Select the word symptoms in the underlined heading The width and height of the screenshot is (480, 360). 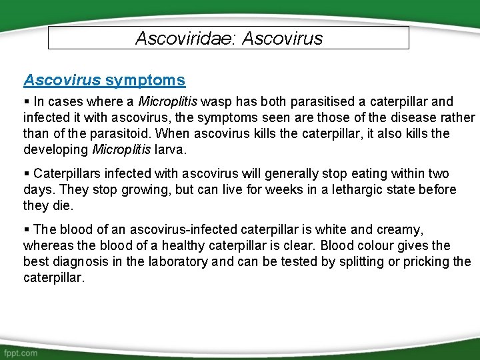tap(145, 81)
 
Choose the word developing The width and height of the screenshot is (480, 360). tap(56, 150)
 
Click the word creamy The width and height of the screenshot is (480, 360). tap(401, 230)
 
